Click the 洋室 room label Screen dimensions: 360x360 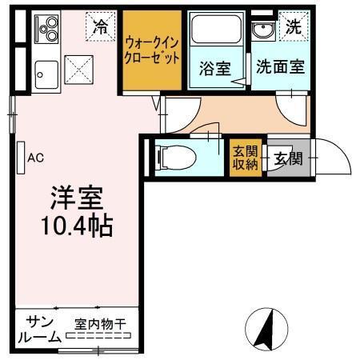coord(77,197)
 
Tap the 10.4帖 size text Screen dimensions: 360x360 coord(77,223)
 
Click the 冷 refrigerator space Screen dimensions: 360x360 coord(99,25)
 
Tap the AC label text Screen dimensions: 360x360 coord(34,158)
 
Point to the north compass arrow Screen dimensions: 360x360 coord(270,329)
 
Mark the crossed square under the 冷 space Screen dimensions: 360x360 coord(78,69)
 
